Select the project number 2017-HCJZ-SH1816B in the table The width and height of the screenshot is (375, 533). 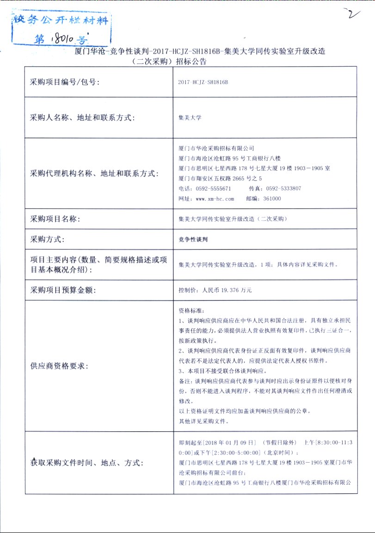click(203, 82)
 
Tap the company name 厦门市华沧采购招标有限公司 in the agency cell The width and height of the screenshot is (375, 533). click(216, 148)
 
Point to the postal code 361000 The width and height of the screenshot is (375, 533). click(271, 199)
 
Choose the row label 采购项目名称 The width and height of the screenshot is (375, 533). click(55, 218)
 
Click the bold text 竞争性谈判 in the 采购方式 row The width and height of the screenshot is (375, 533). click(194, 239)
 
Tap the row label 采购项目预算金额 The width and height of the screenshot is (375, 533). click(62, 291)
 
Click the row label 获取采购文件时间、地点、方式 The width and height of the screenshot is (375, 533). click(87, 462)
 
